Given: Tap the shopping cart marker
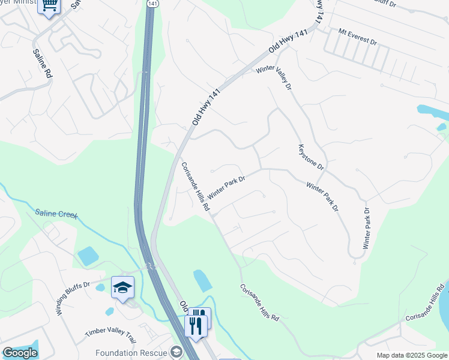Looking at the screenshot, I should (x=49, y=6).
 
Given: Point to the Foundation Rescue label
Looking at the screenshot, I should (x=132, y=352).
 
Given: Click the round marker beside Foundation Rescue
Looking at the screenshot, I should (x=176, y=352).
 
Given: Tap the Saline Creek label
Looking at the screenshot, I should (x=56, y=214).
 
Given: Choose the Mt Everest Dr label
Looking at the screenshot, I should (x=357, y=37).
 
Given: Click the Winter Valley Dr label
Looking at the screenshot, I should (x=273, y=79).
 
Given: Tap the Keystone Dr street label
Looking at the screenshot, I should (x=311, y=157).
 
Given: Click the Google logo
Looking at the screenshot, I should (x=19, y=353).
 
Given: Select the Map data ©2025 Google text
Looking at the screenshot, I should (x=412, y=355).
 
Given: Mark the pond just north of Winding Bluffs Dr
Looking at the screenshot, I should (x=88, y=256).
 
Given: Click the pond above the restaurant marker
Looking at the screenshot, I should (x=202, y=281).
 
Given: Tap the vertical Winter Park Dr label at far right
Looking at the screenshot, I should (x=367, y=229).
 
